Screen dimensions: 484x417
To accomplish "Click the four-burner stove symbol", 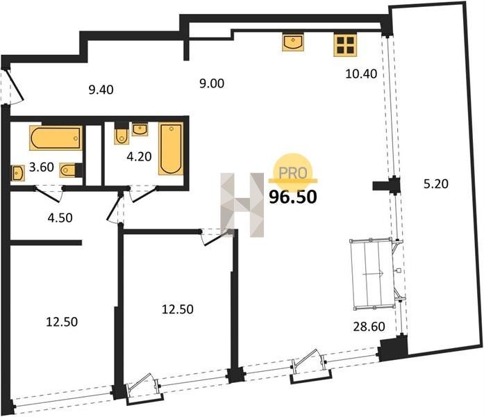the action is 345,44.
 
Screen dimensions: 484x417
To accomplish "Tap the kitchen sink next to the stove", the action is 293,42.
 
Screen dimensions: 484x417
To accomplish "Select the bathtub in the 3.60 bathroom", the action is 56,138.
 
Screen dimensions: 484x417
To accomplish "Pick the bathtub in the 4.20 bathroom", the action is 171,148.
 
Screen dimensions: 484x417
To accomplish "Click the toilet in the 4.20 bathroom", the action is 122,133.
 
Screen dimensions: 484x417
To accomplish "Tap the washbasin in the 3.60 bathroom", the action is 18,173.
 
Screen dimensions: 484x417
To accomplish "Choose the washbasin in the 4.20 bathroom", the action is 140,129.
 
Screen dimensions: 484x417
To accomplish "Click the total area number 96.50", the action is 293,197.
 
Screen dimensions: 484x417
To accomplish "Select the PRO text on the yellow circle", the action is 293,173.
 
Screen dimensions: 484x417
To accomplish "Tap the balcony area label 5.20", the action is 436,184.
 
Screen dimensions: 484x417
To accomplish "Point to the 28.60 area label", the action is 369,327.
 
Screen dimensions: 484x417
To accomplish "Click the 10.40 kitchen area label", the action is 361,74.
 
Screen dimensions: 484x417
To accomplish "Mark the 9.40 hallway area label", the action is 101,90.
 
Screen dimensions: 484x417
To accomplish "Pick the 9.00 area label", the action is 212,83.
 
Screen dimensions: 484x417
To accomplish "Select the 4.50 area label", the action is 60,218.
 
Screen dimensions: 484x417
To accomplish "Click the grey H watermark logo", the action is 242,205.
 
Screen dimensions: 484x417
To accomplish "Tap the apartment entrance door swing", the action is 15,86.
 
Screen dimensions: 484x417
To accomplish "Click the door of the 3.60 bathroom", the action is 49,194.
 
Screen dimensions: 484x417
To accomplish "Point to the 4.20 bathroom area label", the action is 139,156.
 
